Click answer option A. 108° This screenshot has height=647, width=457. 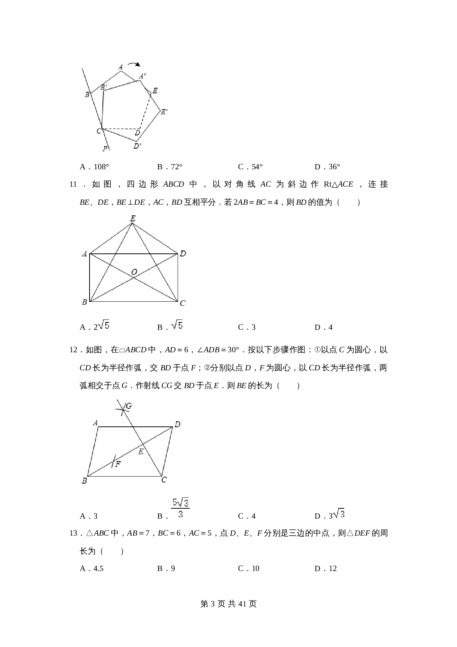click(x=94, y=167)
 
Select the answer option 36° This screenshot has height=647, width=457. click(x=327, y=167)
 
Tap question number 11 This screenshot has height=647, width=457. click(x=73, y=184)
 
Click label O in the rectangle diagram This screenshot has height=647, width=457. click(x=134, y=272)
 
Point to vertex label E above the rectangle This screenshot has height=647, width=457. click(x=133, y=218)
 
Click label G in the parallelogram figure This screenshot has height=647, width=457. click(x=129, y=406)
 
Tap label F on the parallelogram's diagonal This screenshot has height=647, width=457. click(x=118, y=464)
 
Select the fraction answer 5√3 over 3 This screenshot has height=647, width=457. click(x=180, y=508)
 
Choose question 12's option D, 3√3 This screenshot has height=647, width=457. click(x=329, y=515)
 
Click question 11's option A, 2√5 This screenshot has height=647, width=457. click(x=95, y=326)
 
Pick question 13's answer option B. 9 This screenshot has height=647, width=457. click(x=166, y=568)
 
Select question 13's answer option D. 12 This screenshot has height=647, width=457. click(x=326, y=568)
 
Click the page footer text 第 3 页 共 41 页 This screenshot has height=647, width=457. click(x=228, y=604)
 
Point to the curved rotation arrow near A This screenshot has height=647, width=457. click(x=134, y=64)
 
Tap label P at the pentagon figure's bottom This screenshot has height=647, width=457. click(x=105, y=149)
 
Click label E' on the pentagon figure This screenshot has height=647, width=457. click(x=164, y=111)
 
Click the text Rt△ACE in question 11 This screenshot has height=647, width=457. click(x=338, y=184)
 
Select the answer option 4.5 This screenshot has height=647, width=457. click(x=92, y=568)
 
